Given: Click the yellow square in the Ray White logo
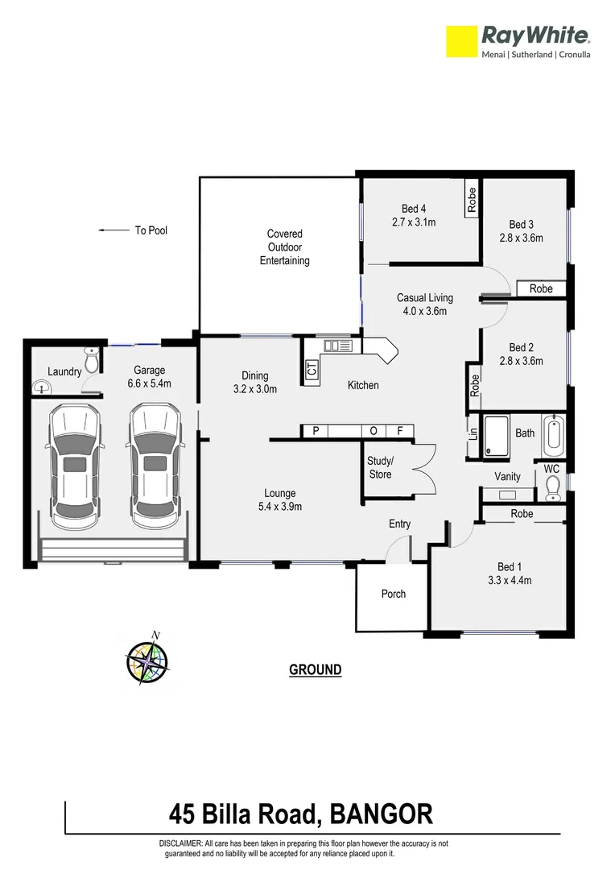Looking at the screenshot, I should (463, 41).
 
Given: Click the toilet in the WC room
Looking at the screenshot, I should (552, 487).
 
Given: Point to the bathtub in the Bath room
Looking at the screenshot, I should (554, 433).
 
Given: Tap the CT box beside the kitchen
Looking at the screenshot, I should (312, 371).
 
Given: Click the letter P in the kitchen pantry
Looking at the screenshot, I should (316, 432).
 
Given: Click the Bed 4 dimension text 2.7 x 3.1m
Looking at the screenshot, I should (413, 222).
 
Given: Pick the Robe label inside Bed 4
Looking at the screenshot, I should (472, 200).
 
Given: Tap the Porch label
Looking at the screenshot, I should (393, 594).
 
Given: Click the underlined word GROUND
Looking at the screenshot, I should (315, 669).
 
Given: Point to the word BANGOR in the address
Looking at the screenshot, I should (381, 814).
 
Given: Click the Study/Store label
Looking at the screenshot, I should (380, 468).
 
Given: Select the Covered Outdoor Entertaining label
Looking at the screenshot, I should (285, 247).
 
